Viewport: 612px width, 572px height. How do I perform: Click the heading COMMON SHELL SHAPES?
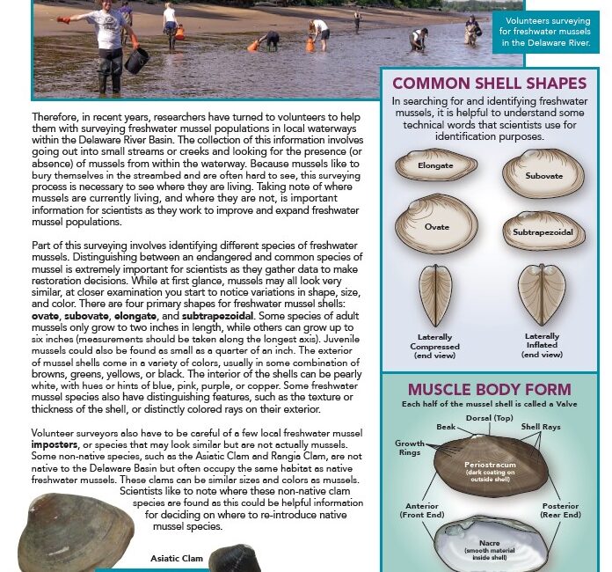489,84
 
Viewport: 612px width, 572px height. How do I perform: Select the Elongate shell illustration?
435,165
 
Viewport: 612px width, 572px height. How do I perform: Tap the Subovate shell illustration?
542,172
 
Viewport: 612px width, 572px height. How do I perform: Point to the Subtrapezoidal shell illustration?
543,231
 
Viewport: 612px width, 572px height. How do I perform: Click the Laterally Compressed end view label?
435,345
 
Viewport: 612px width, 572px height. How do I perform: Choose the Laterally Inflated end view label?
543,345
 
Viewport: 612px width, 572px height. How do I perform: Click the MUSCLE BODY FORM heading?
489,389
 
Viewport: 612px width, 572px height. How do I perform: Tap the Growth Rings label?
410,449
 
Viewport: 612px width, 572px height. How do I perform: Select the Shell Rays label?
542,427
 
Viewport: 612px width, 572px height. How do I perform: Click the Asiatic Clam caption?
177,558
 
